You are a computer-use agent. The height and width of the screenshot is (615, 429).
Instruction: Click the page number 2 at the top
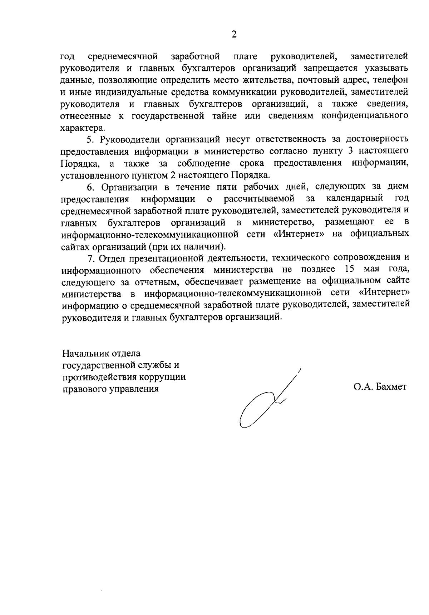click(x=234, y=34)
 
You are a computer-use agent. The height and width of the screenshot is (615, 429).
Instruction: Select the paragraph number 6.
click(x=90, y=187)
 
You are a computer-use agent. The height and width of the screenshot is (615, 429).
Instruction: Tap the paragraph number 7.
click(x=90, y=258)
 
